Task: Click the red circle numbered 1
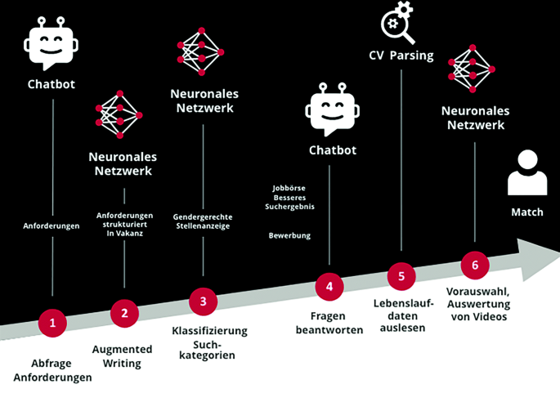(x=52, y=323)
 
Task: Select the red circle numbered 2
(x=124, y=312)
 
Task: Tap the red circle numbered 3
(x=203, y=301)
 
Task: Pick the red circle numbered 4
(x=329, y=286)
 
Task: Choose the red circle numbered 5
(x=401, y=275)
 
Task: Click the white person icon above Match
(x=526, y=173)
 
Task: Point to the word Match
(x=526, y=212)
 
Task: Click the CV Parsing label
(x=401, y=56)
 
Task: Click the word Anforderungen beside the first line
(x=52, y=225)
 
